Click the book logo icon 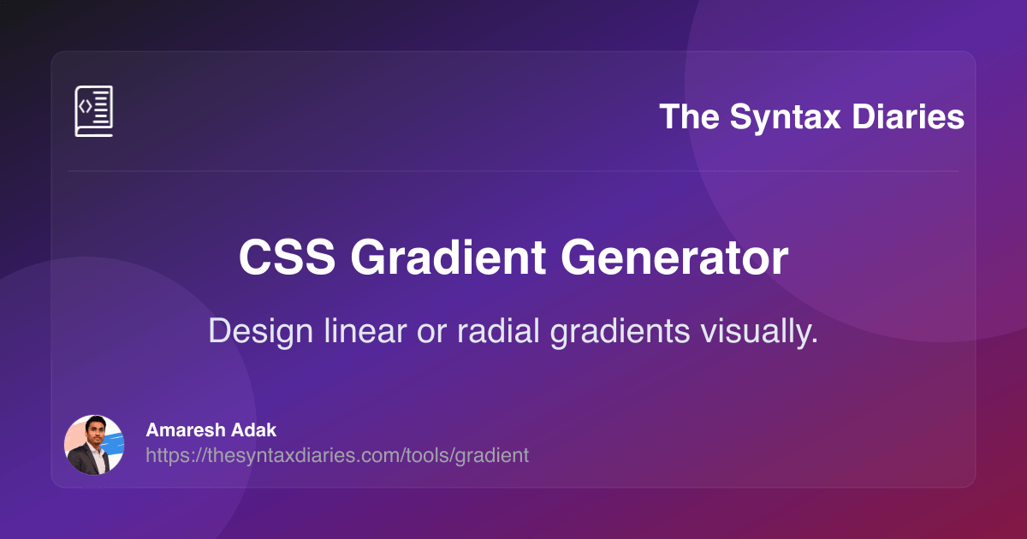(x=94, y=111)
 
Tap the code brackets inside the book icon (x=86, y=106)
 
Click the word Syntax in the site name (x=786, y=117)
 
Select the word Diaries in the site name (x=908, y=116)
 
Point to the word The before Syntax (x=690, y=116)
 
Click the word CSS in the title (x=287, y=258)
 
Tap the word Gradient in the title (x=448, y=258)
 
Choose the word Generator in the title (x=674, y=258)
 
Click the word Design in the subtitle (x=260, y=331)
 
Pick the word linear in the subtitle (x=365, y=330)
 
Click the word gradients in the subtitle (x=620, y=332)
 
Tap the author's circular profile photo (x=94, y=445)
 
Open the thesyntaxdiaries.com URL (x=337, y=456)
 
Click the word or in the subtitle (x=431, y=333)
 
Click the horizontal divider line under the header (x=513, y=171)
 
